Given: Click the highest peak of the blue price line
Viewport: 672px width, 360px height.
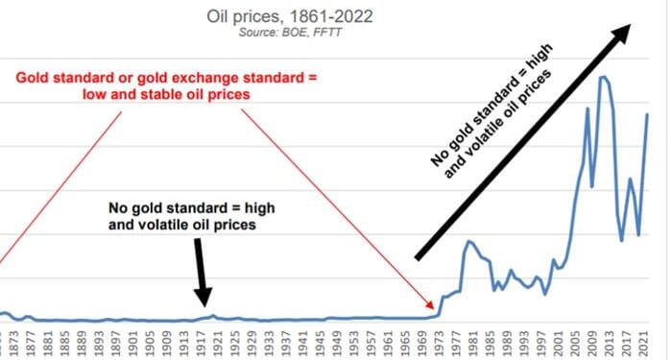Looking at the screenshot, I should pyautogui.click(x=604, y=77).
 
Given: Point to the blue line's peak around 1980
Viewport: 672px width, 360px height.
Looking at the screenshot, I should pyautogui.click(x=468, y=242).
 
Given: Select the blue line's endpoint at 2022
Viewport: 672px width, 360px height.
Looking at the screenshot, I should pyautogui.click(x=648, y=114).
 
